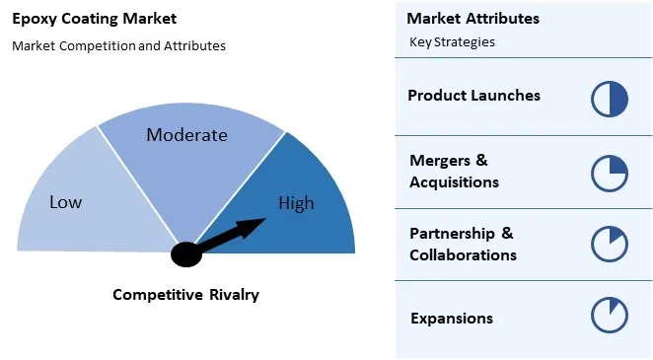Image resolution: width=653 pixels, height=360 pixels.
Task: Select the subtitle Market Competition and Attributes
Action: [118, 45]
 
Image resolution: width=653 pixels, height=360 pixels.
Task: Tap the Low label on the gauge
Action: [66, 202]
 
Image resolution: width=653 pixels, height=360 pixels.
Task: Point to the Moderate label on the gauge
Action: [186, 135]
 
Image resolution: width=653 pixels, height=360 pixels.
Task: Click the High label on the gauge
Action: [296, 203]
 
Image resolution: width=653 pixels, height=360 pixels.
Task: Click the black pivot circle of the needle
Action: [186, 253]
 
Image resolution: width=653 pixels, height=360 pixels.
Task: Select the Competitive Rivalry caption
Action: [185, 294]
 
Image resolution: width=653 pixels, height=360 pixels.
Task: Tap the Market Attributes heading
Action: [472, 19]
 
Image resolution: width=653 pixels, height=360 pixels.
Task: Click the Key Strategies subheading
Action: [452, 42]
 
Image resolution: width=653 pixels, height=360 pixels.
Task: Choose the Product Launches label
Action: [473, 96]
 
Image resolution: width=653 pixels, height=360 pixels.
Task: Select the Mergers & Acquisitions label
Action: [454, 171]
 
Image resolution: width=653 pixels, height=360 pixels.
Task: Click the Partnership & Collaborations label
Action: [463, 244]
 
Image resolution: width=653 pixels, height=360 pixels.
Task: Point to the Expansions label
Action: [451, 318]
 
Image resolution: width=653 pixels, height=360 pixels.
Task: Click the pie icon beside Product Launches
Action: [610, 99]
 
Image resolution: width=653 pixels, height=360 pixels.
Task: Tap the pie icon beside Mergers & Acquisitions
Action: [610, 173]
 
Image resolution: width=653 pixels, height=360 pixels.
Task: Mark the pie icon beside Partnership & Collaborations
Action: [610, 245]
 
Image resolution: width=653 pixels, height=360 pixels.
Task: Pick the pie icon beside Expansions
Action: [610, 316]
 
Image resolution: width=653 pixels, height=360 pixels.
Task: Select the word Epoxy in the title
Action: [34, 19]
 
